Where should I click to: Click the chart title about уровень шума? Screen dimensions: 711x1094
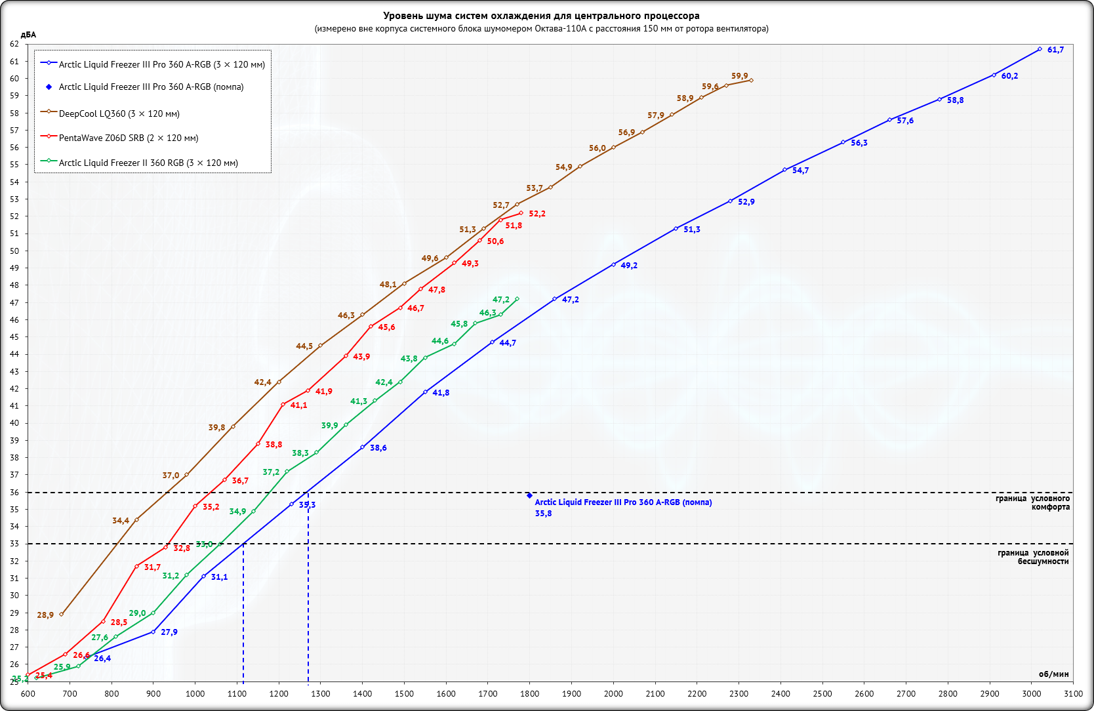point(541,16)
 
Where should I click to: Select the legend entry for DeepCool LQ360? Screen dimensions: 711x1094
point(119,113)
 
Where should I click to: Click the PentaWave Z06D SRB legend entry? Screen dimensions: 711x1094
point(128,138)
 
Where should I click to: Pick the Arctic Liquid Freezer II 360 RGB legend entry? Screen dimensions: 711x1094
point(148,163)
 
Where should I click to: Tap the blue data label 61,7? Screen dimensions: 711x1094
point(1055,50)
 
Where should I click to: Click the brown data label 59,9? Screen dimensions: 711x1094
point(739,76)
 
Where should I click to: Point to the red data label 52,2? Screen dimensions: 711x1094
point(537,214)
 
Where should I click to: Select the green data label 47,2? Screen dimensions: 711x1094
point(500,300)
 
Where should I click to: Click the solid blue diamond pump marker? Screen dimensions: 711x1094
point(529,496)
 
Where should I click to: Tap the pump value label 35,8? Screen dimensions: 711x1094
point(543,514)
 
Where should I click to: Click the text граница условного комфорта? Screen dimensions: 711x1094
point(1032,502)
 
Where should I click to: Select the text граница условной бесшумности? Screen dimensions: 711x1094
point(1033,557)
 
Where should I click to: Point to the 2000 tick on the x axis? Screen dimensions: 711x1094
point(613,693)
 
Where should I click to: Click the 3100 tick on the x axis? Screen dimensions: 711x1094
point(1073,693)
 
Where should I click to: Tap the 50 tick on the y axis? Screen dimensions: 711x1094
point(14,251)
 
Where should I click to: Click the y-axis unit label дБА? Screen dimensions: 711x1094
point(28,35)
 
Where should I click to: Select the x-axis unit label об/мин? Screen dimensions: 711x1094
point(1053,674)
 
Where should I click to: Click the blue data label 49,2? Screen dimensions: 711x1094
point(628,266)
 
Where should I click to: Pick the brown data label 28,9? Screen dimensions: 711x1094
point(45,615)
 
